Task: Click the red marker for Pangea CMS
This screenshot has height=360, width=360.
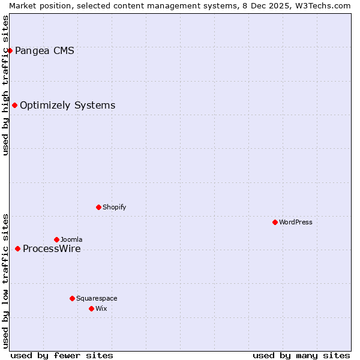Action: (x=10, y=50)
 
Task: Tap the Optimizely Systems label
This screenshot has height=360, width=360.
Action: (x=67, y=106)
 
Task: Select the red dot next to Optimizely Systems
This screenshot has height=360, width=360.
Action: (x=14, y=106)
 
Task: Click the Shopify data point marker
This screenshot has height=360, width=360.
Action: (x=98, y=207)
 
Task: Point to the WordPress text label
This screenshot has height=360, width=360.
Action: (x=296, y=223)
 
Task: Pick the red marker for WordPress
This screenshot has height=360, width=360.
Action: (x=275, y=222)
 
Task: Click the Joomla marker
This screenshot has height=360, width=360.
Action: (x=56, y=239)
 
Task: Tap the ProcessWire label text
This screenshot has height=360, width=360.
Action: (x=52, y=249)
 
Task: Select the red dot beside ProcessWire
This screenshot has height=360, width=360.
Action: (x=17, y=248)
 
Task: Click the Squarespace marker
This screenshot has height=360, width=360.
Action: (x=72, y=298)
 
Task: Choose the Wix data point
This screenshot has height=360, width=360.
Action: (x=91, y=308)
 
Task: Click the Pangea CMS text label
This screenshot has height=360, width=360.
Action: (x=44, y=51)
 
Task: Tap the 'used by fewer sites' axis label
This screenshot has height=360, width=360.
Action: (x=62, y=355)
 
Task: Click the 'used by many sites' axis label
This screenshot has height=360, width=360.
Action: (x=301, y=355)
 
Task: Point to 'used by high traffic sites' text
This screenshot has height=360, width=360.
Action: (x=5, y=85)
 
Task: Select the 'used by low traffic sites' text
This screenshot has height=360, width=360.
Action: (x=5, y=281)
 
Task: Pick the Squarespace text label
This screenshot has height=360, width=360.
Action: (x=97, y=298)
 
